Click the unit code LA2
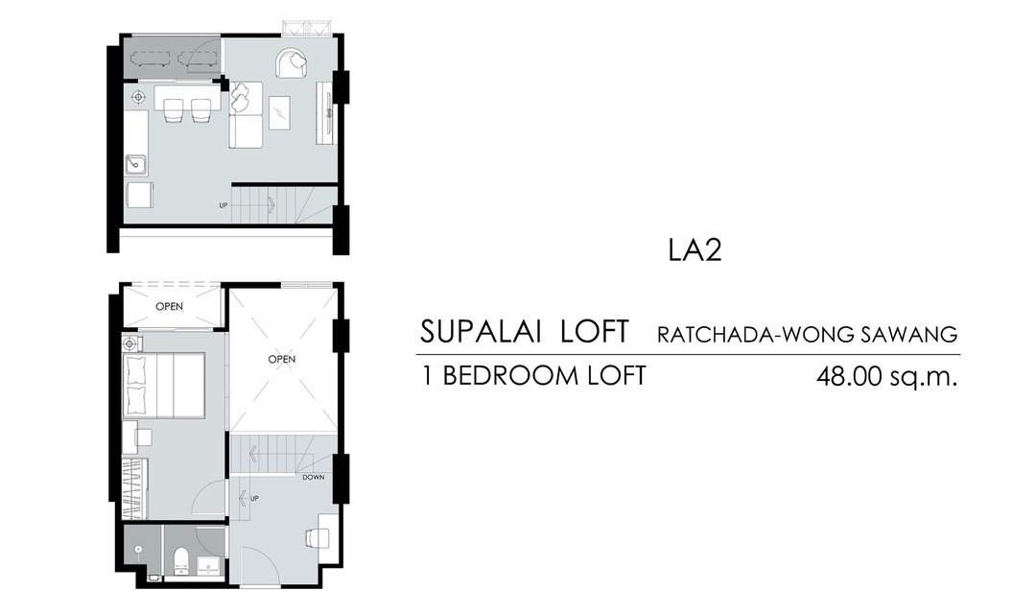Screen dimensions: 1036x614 (695, 249)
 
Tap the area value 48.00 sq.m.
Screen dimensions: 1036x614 (886, 377)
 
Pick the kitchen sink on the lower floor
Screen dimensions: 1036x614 (136, 165)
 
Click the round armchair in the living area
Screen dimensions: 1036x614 (292, 63)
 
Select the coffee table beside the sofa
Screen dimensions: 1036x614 (279, 112)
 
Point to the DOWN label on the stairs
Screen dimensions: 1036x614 (313, 477)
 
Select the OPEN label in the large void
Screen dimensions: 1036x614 (281, 360)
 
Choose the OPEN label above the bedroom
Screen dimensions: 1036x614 (169, 307)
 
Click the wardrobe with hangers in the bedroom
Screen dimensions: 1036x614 (136, 488)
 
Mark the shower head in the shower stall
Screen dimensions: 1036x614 (138, 550)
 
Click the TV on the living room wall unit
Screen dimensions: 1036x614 (330, 111)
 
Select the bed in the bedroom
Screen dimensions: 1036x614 (164, 386)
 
